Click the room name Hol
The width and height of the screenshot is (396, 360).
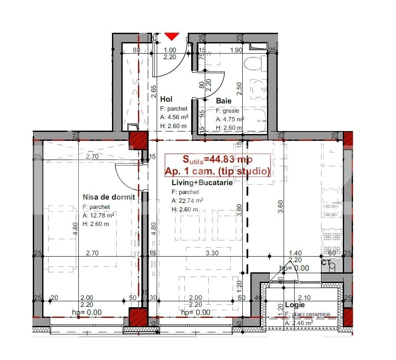point(166,99)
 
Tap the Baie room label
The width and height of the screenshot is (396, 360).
point(224,101)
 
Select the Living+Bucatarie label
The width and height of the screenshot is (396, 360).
point(202,183)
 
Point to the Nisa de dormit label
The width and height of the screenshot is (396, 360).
point(109,197)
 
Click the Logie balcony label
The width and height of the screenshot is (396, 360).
point(295,305)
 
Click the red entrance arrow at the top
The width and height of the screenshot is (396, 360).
point(171,37)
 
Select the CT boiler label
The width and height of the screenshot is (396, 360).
point(326,263)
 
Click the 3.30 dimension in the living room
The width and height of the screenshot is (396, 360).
point(212,253)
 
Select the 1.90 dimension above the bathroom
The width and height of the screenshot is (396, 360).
point(236,50)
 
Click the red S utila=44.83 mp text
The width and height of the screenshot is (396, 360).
point(217,160)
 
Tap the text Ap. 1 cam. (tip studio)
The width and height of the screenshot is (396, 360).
point(217,171)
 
